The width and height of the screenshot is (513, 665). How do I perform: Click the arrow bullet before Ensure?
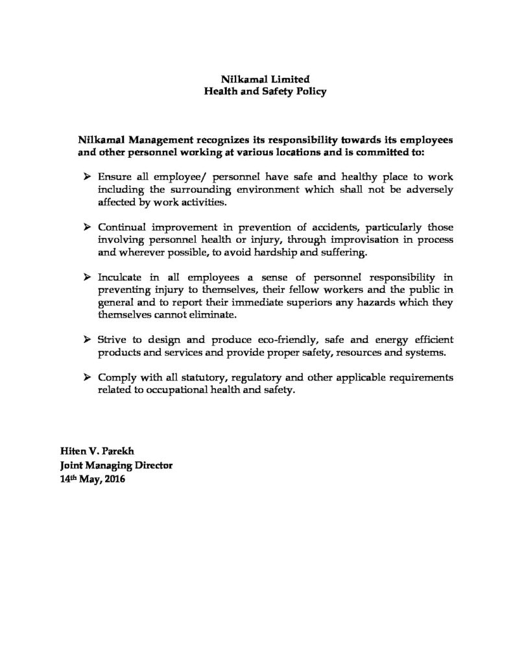click(88, 177)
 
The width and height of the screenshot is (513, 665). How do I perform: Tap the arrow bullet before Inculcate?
click(88, 277)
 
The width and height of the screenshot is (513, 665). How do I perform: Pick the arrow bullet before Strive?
click(88, 340)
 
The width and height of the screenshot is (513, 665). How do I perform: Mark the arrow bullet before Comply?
click(88, 378)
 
